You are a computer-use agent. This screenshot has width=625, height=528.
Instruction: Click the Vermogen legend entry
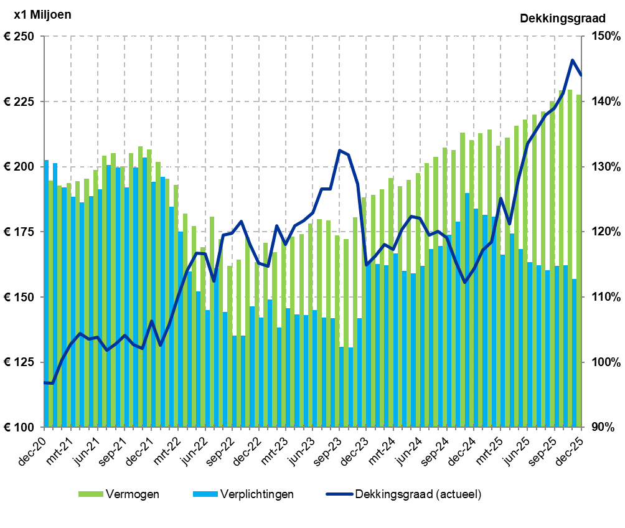click(118, 494)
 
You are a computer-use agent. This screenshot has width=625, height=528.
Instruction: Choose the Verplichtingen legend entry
click(243, 494)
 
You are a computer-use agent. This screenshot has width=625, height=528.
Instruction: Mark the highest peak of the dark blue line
click(572, 60)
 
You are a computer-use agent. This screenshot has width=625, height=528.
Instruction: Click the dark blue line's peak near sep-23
click(340, 150)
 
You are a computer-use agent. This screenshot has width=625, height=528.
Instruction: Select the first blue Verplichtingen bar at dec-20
click(46, 293)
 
